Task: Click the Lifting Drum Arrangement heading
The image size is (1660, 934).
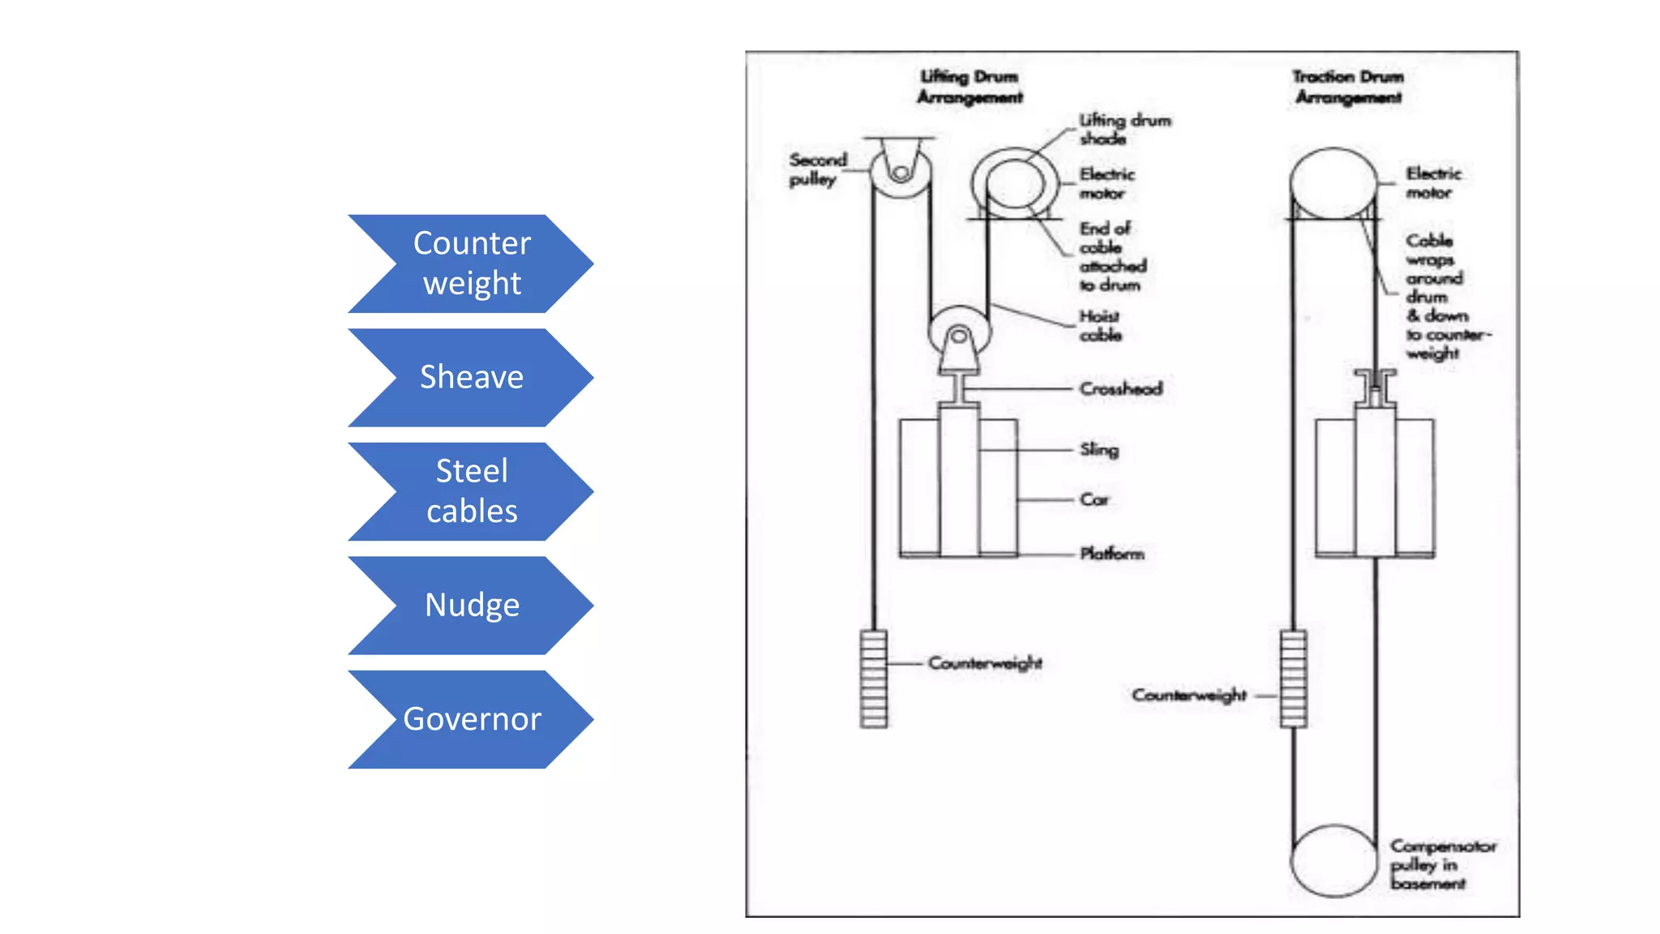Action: pyautogui.click(x=969, y=87)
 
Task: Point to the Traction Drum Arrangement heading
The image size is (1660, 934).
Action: pyautogui.click(x=1348, y=87)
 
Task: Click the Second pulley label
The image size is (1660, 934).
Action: pyautogui.click(x=817, y=169)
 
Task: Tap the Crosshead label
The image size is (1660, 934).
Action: pyautogui.click(x=1121, y=388)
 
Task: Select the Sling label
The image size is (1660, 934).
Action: pyautogui.click(x=1099, y=449)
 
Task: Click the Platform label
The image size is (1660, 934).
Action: pyautogui.click(x=1112, y=554)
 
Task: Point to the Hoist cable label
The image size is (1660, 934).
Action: pyautogui.click(x=1101, y=325)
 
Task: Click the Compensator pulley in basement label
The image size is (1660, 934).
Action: pyautogui.click(x=1443, y=864)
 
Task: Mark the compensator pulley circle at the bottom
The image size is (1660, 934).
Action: pyautogui.click(x=1333, y=861)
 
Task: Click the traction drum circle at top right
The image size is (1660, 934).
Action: pyautogui.click(x=1333, y=182)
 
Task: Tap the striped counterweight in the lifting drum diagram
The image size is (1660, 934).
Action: pyautogui.click(x=874, y=679)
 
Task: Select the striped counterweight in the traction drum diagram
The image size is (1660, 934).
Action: pyautogui.click(x=1294, y=679)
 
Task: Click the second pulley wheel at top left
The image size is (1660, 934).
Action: pyautogui.click(x=900, y=170)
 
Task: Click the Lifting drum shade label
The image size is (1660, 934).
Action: pyautogui.click(x=1125, y=129)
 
